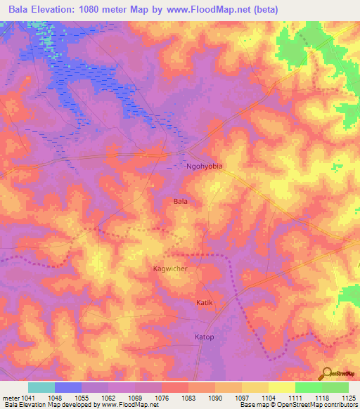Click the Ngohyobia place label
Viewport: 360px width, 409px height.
(205, 167)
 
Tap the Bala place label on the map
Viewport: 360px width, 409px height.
(180, 201)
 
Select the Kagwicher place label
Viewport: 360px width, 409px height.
(171, 268)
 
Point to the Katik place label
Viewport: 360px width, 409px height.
(203, 302)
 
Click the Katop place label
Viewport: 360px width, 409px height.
(204, 337)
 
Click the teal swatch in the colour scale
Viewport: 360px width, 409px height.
(41, 387)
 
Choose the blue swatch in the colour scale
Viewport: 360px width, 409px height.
(68, 387)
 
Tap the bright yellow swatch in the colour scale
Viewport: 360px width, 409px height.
(282, 387)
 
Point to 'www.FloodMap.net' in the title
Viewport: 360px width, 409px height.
(209, 10)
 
